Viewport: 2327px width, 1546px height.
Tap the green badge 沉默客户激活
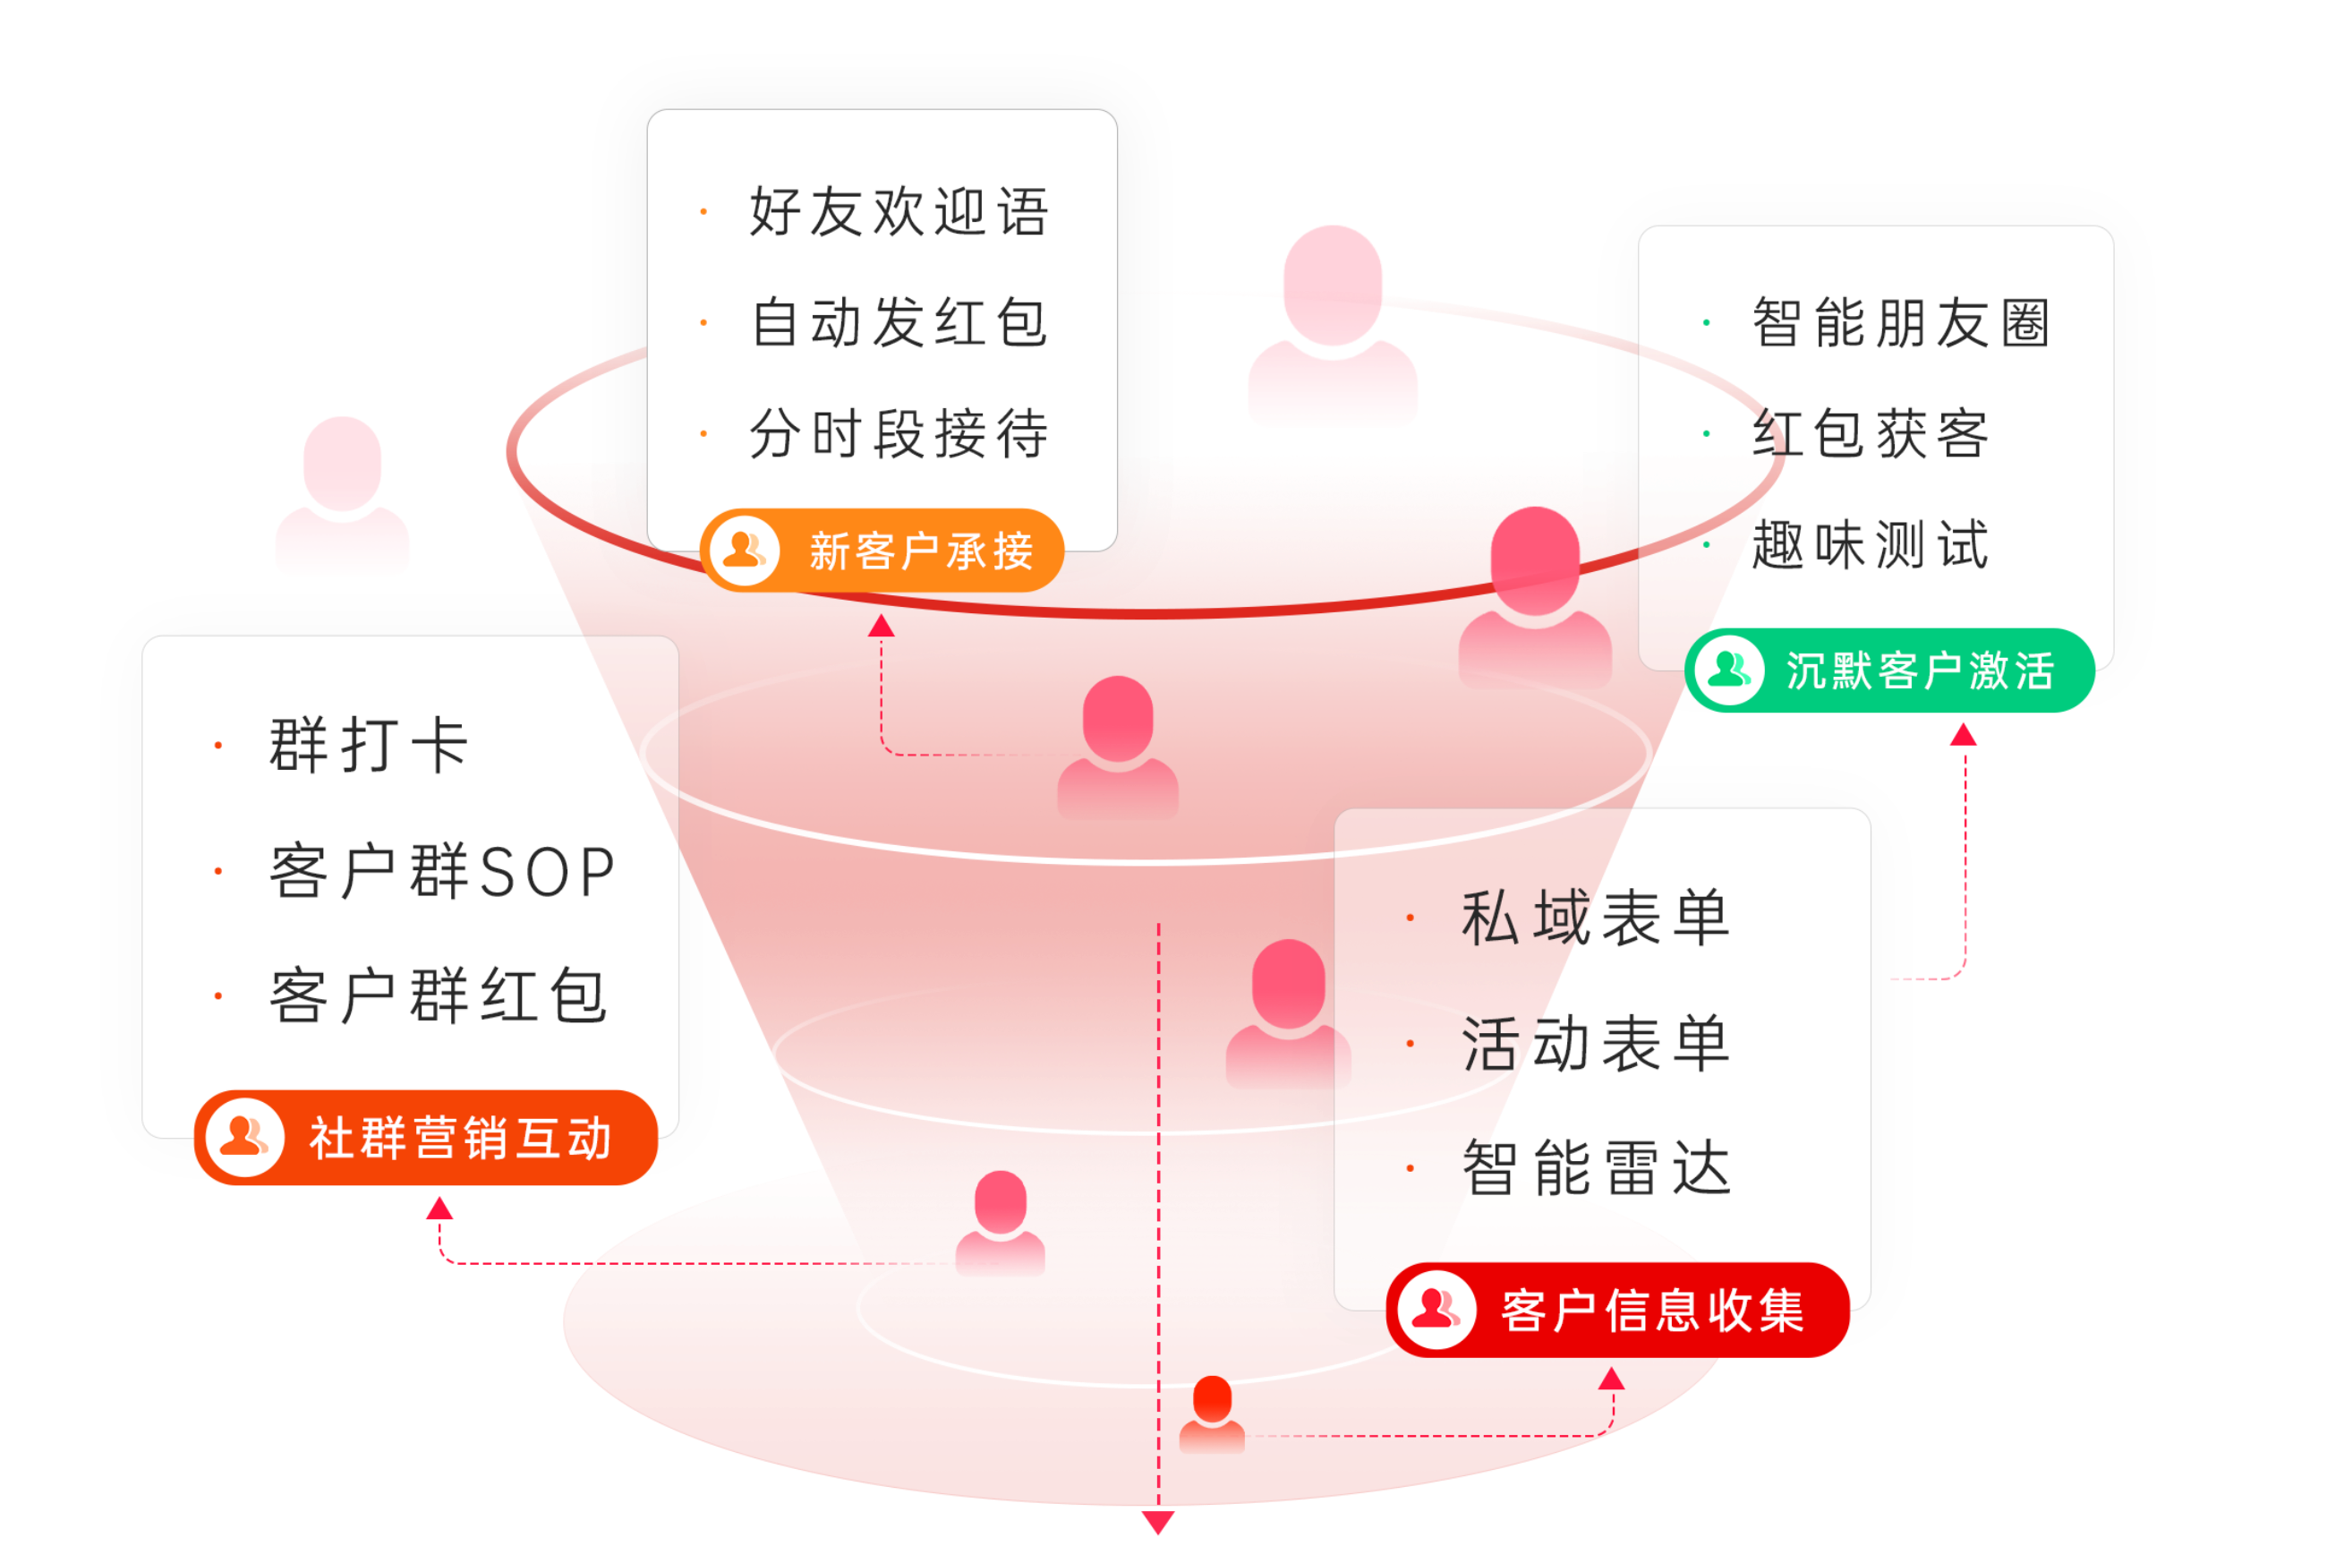1888,671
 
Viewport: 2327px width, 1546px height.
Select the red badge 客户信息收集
1617,1311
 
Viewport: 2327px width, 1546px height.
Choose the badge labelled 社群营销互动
426,1138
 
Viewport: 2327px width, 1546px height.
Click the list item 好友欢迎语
899,211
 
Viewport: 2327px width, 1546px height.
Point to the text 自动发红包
899,322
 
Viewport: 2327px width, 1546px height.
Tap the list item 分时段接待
899,434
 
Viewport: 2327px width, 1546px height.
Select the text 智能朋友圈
1901,322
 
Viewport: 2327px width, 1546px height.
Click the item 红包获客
1871,434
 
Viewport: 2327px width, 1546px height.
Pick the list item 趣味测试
1871,545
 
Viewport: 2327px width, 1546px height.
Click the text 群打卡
369,746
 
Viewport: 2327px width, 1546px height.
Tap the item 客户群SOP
442,872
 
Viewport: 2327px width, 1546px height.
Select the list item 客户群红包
439,995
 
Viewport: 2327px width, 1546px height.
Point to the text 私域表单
1596,918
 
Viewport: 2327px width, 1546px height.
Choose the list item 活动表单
1596,1043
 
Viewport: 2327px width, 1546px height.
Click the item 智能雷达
1596,1168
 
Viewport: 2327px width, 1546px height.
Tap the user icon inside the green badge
1729,671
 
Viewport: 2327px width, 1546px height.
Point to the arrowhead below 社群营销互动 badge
439,1209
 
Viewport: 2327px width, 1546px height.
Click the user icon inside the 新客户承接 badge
744,551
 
